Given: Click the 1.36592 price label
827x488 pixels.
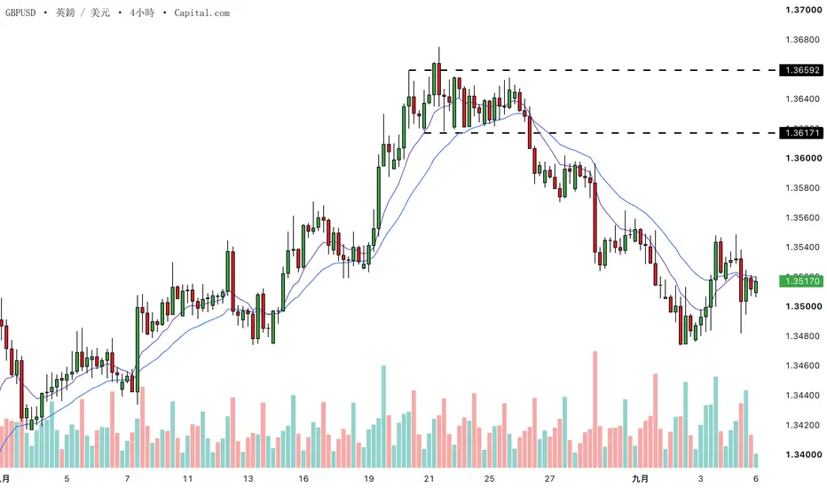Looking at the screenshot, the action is tap(801, 70).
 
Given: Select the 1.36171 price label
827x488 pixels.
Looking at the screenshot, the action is tap(801, 133).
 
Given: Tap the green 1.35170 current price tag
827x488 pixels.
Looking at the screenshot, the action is tap(801, 281).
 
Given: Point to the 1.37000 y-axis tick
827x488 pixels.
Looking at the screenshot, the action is tap(804, 10).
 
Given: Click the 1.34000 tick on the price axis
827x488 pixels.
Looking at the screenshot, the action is tap(804, 455).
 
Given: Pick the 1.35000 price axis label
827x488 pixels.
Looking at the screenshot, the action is tap(804, 306).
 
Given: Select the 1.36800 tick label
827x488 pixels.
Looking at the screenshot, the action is tap(804, 40).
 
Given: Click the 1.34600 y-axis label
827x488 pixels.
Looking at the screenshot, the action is tap(804, 366).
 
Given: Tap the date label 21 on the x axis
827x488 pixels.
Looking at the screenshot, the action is tap(429, 478).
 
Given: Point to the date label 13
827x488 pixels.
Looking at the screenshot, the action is tap(248, 478).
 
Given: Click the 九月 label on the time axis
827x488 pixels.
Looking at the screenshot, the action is tap(641, 478).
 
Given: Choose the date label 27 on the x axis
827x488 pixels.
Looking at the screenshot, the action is tap(549, 478).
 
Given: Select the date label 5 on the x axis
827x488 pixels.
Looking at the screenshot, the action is tap(67, 478).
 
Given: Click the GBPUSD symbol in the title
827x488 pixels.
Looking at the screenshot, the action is tap(20, 12).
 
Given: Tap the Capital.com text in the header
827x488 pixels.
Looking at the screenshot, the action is tap(202, 12).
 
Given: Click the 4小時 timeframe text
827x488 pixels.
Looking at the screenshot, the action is tap(142, 12).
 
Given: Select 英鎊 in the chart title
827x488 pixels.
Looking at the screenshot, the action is tap(66, 12).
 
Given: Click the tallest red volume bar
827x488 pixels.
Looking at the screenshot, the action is tap(595, 409).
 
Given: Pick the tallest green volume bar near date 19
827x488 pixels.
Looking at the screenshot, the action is tap(383, 417).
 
